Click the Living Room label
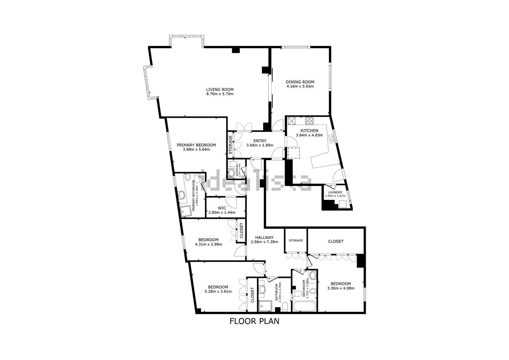click(x=220, y=90)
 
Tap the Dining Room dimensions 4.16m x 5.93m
click(x=300, y=86)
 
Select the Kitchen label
click(x=309, y=131)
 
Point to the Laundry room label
click(x=335, y=192)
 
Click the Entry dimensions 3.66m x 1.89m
click(x=260, y=146)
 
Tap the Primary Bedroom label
click(x=196, y=145)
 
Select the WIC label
click(x=222, y=208)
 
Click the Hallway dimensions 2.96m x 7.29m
click(x=264, y=242)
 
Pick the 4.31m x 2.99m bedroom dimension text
click(x=208, y=244)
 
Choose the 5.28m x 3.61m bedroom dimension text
click(x=218, y=291)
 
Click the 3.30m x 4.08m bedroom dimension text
click(x=341, y=288)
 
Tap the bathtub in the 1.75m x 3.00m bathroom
click(x=304, y=306)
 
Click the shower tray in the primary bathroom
click(x=185, y=211)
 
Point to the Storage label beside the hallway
click(x=296, y=241)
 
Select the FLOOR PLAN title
click(x=254, y=321)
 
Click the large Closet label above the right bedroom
click(x=336, y=242)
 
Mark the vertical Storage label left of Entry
click(x=230, y=145)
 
